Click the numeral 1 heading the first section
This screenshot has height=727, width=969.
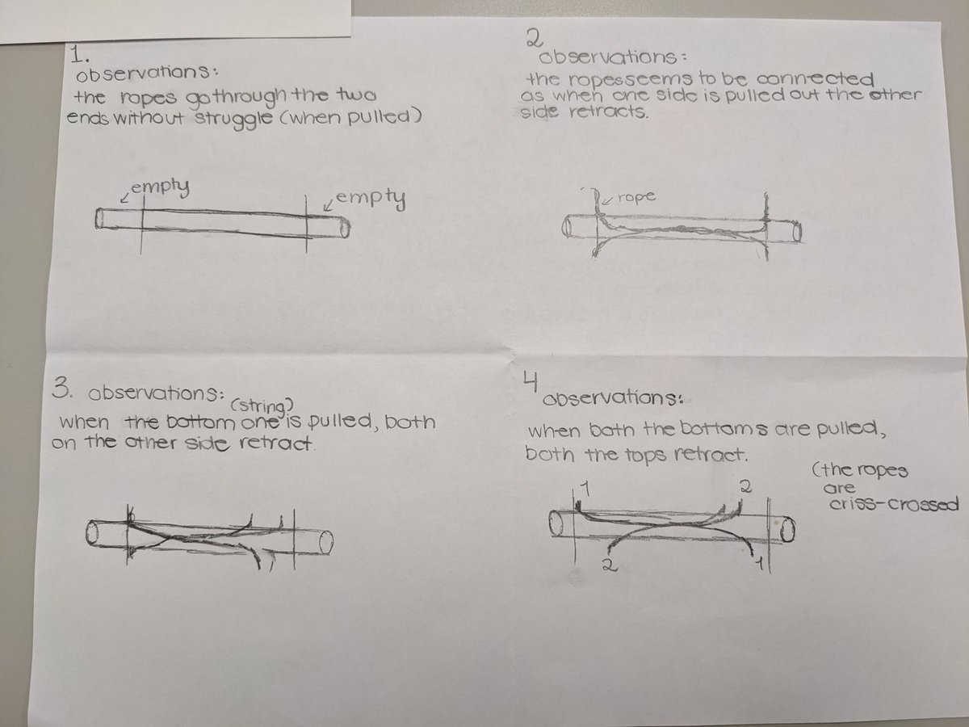(x=79, y=55)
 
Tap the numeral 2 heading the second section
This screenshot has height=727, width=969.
(x=535, y=39)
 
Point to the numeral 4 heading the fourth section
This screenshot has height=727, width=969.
(x=531, y=381)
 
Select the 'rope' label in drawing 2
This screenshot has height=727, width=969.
(x=636, y=196)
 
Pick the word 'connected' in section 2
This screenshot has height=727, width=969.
(x=815, y=79)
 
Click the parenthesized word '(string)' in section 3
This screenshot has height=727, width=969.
(x=262, y=406)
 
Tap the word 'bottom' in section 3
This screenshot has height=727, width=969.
(x=200, y=422)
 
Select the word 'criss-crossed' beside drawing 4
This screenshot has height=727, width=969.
(x=895, y=504)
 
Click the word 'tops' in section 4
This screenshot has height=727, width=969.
(x=646, y=455)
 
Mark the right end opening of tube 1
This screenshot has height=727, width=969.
(x=346, y=228)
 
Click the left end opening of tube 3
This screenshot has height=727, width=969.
(x=92, y=533)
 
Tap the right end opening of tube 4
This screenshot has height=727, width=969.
(x=787, y=529)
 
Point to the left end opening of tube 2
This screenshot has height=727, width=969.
(x=566, y=228)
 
